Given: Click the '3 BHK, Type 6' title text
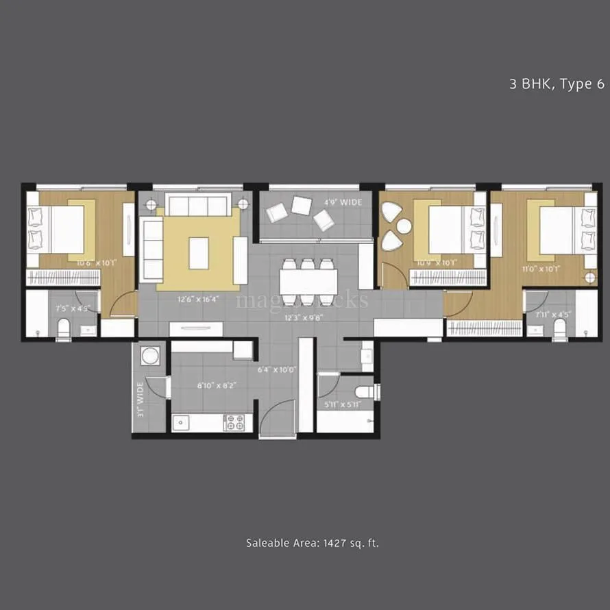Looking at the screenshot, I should click(x=557, y=84).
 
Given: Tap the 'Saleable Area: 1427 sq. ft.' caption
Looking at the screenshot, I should click(x=313, y=543).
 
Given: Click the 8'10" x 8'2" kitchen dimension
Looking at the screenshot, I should click(x=208, y=385).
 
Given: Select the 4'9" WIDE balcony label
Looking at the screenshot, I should click(x=342, y=203).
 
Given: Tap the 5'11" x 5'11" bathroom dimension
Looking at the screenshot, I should click(x=343, y=404).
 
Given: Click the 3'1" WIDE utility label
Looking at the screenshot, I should click(x=140, y=400).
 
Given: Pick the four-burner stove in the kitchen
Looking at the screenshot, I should click(x=234, y=422).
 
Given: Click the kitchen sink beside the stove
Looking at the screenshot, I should click(x=180, y=422).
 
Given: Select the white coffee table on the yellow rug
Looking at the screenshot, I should click(x=199, y=252).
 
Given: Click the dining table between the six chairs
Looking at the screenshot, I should click(x=308, y=280).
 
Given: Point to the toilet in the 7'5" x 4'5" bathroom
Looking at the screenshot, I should click(x=63, y=328).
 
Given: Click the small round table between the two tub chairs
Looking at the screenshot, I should click(x=403, y=225).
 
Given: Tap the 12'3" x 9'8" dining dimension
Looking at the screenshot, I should click(x=304, y=317).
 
